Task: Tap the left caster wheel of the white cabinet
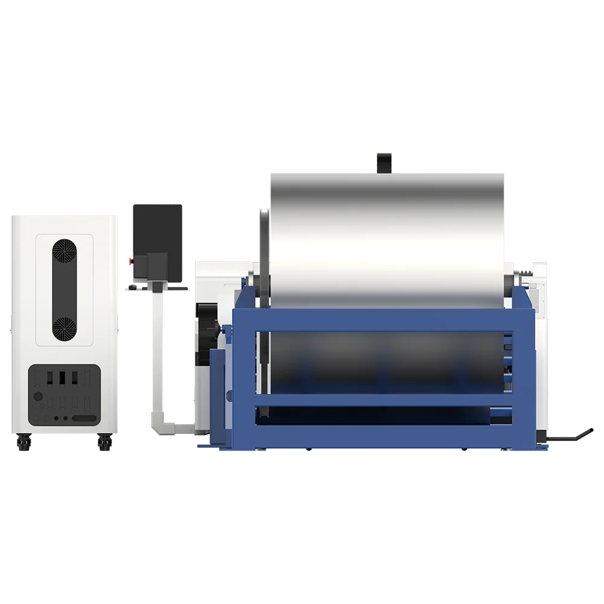point(24,445)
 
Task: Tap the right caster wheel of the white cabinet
point(103,445)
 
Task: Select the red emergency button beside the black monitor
point(127,260)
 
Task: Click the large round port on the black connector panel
point(38,397)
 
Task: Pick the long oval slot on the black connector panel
point(84,418)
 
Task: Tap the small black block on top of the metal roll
point(384,162)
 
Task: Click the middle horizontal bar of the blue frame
point(384,399)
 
